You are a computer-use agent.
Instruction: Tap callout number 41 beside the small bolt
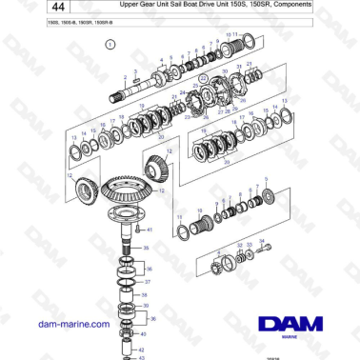tap(149, 230)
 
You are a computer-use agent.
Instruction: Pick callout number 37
tap(147, 282)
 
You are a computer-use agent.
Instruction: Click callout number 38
tap(146, 296)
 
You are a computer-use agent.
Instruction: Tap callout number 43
tap(143, 358)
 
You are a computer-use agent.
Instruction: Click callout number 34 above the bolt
tap(263, 242)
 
